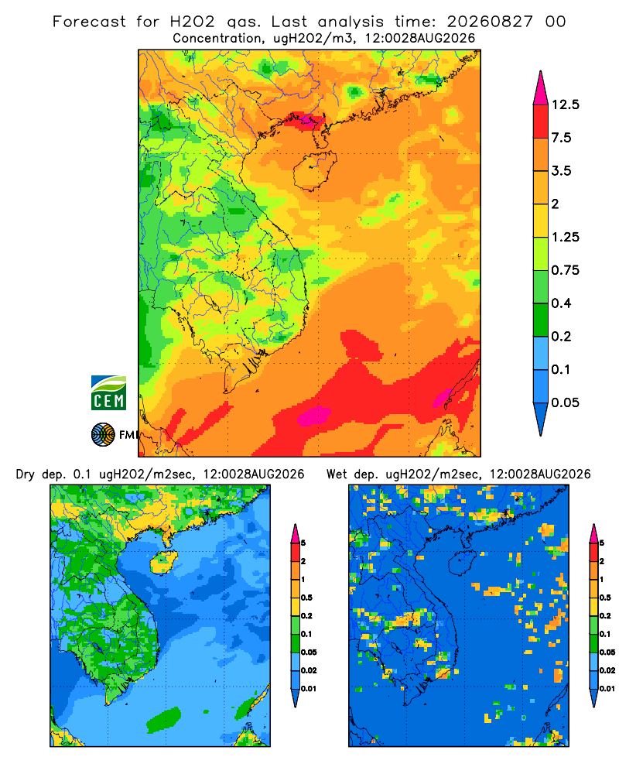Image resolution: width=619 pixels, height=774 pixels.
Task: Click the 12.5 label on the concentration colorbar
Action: point(565,104)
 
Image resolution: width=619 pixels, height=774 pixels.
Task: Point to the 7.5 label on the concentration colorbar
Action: point(561,138)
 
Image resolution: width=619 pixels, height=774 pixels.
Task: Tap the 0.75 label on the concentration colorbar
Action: point(565,270)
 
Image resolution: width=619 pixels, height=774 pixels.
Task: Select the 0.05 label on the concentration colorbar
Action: point(565,402)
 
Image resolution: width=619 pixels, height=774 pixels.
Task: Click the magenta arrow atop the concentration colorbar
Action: point(541,88)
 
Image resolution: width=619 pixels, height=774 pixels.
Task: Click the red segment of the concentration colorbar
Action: point(541,122)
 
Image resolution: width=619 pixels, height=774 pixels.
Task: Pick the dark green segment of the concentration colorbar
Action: point(541,320)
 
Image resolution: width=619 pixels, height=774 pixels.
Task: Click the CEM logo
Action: point(108,393)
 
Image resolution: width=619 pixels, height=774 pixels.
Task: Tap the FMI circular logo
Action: point(103,435)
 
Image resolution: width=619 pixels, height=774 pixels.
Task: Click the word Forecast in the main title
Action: point(89,22)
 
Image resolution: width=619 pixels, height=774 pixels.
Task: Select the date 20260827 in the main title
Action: point(490,22)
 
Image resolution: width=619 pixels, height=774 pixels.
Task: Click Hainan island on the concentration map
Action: point(314,170)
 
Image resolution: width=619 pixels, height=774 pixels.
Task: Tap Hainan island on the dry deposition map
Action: point(163,562)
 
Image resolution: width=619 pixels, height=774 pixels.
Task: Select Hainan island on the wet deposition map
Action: point(462,563)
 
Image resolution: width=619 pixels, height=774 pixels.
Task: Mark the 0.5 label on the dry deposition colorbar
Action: point(306,598)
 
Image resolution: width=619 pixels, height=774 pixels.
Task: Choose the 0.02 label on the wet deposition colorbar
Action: point(607,670)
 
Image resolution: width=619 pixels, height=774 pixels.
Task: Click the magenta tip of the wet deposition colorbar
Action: point(593,534)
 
